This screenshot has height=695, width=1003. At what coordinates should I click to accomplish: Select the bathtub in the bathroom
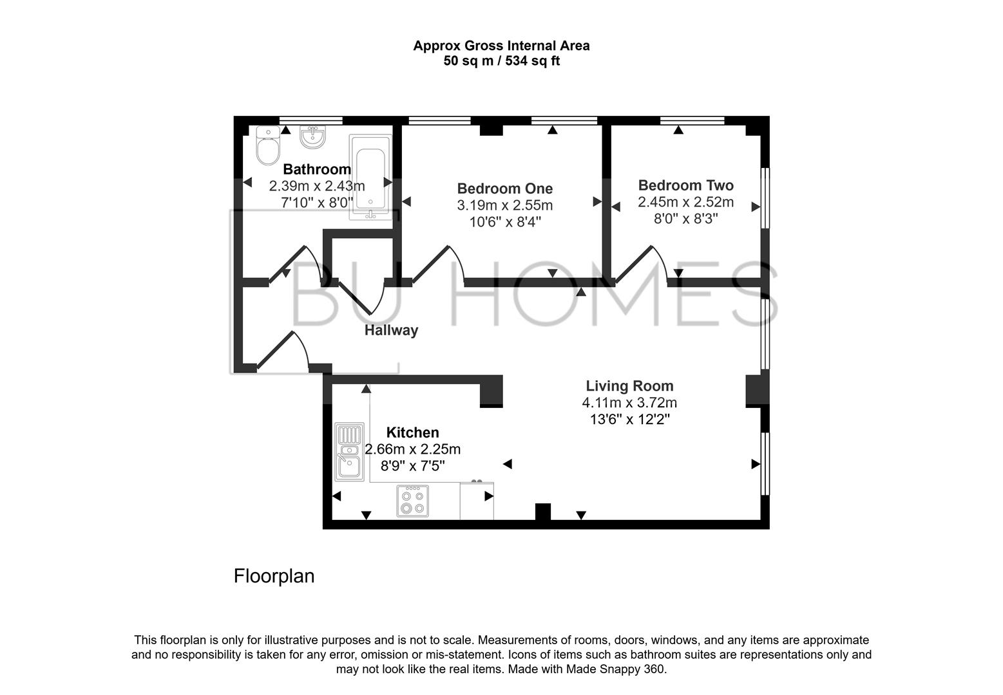[370, 178]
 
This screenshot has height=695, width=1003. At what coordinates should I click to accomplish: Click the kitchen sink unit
[349, 452]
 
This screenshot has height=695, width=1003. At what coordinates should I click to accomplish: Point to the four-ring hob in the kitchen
[412, 501]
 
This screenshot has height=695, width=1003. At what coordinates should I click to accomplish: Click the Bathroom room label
[317, 169]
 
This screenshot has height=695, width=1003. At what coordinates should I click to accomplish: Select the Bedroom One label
[504, 189]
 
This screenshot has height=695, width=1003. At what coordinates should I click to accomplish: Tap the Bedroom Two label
[685, 185]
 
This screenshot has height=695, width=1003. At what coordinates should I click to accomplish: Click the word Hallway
[391, 330]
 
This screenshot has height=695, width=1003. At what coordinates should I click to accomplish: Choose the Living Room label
[629, 386]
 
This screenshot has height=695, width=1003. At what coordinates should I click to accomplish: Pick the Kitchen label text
[412, 432]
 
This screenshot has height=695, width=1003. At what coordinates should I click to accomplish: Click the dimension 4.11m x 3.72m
[629, 403]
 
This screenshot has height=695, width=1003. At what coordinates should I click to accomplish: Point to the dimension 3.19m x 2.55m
[504, 205]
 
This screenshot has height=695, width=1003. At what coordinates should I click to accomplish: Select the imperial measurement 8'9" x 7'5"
[412, 466]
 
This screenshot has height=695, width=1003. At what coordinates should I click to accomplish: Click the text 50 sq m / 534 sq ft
[501, 62]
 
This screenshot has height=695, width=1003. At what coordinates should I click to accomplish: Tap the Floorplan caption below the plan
[274, 575]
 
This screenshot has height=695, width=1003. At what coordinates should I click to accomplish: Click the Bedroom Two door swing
[644, 264]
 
